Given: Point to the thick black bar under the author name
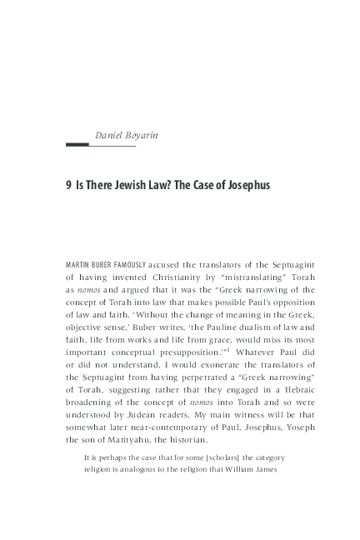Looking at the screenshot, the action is point(77,145).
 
